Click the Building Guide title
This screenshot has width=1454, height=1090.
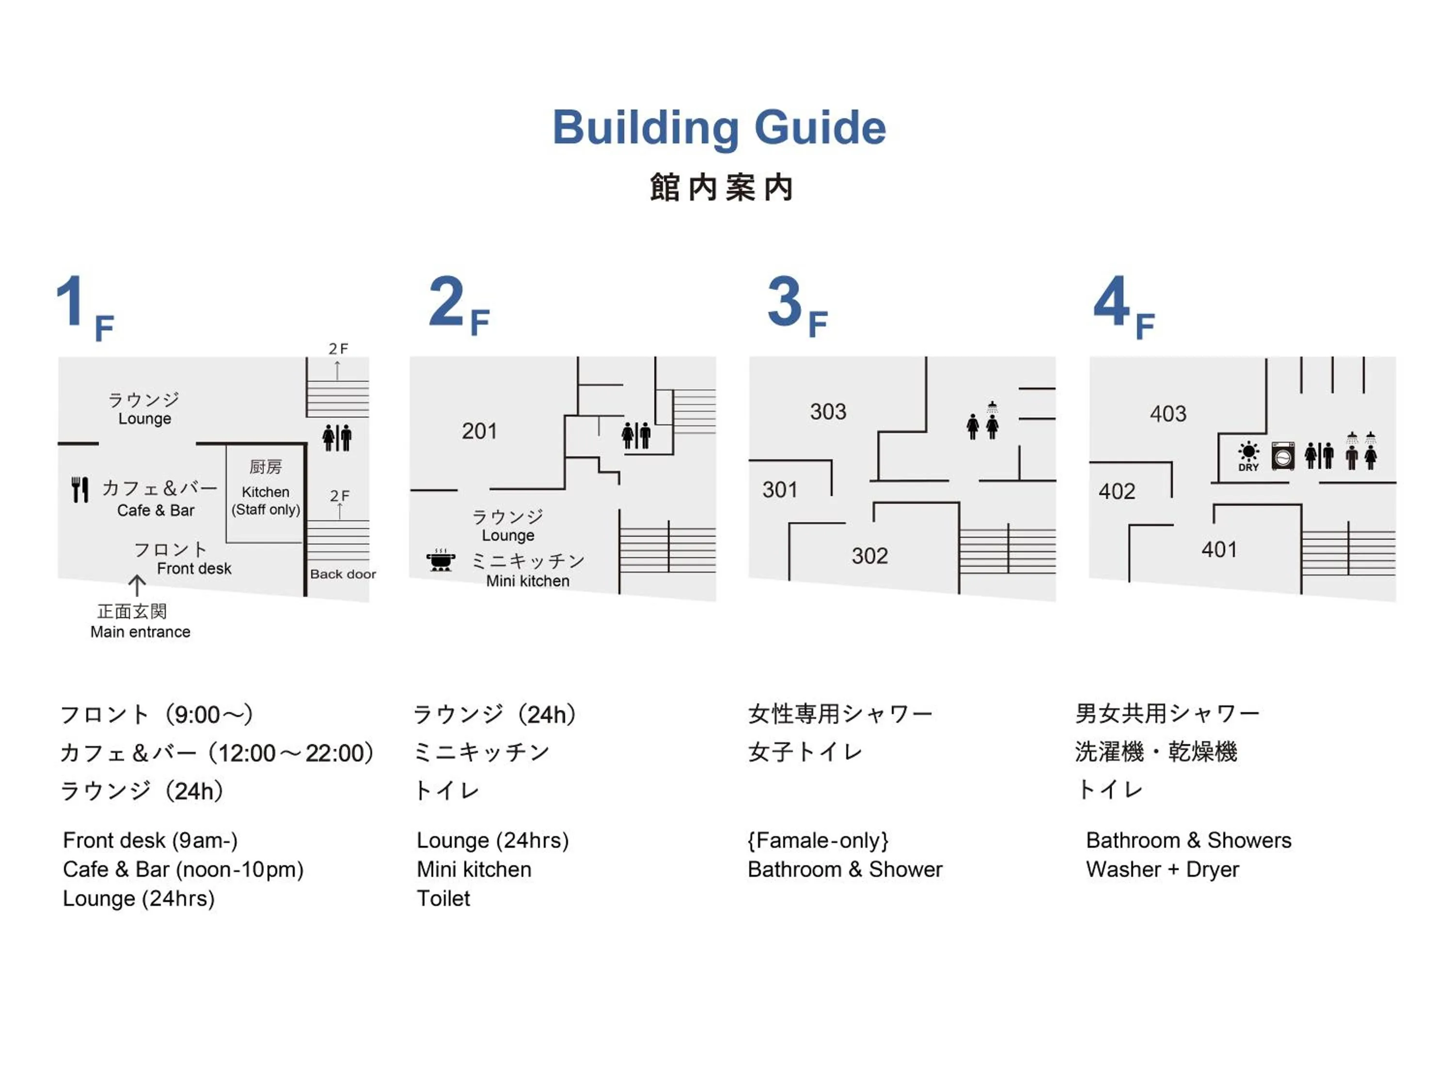coord(719,127)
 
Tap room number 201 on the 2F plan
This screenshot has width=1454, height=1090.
coord(479,432)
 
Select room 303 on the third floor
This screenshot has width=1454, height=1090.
coord(828,412)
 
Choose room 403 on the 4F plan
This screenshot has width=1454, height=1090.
coord(1168,414)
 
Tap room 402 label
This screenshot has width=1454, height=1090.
coord(1117,491)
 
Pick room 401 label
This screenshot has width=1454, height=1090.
coord(1219,550)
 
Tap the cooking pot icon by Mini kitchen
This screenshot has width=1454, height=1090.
coord(441,561)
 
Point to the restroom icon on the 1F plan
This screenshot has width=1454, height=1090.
coord(336,437)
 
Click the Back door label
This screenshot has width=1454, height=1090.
coord(343,574)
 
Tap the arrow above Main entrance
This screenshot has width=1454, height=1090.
coord(137,585)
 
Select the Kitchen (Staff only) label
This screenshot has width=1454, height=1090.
coord(266,500)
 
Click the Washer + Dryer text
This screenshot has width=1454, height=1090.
coord(1162,870)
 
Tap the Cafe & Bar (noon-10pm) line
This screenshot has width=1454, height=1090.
coord(183,870)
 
